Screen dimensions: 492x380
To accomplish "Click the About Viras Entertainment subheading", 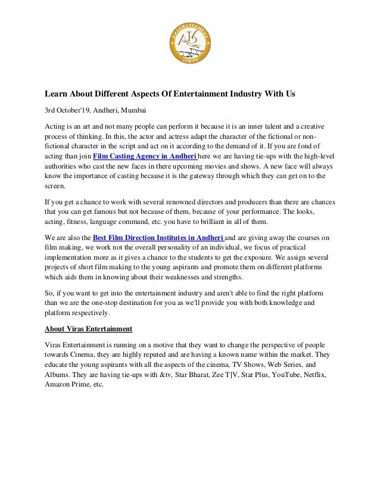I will (x=89, y=329).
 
